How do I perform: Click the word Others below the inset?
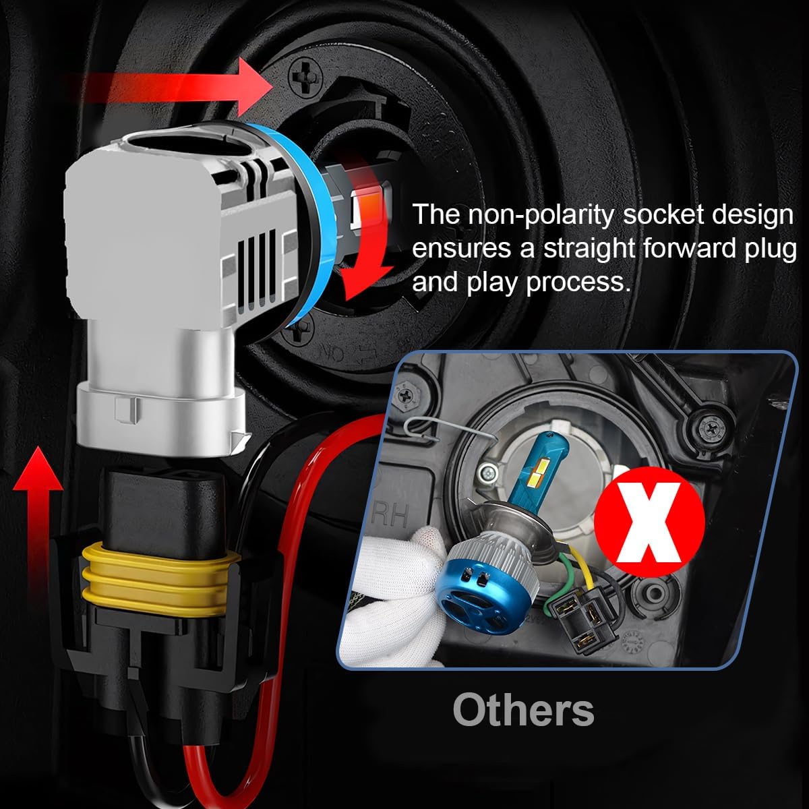click(523, 710)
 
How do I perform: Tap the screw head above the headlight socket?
click(305, 78)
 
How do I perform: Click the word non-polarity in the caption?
click(540, 215)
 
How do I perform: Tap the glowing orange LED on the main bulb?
click(369, 206)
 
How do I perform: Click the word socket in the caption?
click(662, 215)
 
